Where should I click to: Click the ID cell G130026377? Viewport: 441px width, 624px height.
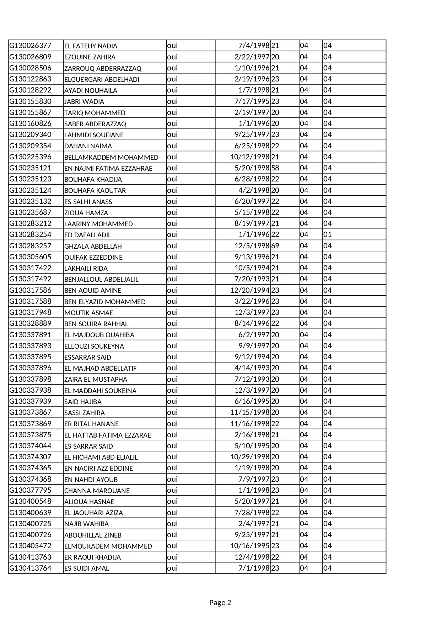click(x=30, y=46)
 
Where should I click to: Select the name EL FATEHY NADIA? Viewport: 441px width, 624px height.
click(x=91, y=46)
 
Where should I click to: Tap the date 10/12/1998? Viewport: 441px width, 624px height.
click(x=250, y=157)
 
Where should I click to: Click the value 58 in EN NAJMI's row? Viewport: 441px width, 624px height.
click(x=275, y=168)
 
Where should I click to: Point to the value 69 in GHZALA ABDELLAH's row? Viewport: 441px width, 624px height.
click(x=275, y=246)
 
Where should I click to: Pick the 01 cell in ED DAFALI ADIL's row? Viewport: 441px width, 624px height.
click(x=327, y=234)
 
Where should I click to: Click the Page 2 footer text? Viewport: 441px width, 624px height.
click(x=220, y=602)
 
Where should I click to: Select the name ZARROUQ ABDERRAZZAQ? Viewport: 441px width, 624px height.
click(x=103, y=68)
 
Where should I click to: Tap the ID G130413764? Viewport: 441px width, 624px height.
click(x=30, y=568)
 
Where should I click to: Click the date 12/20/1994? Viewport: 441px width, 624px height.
click(x=250, y=290)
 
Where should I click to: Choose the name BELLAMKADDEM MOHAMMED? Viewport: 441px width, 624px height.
click(x=111, y=157)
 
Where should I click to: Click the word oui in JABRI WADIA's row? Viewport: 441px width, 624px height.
click(x=172, y=101)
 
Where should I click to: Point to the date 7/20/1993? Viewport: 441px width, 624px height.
click(x=252, y=279)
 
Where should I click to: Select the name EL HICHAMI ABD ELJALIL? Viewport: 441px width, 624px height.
click(x=101, y=457)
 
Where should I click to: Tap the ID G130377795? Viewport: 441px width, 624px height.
click(x=30, y=490)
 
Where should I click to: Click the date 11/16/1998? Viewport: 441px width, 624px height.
click(x=250, y=424)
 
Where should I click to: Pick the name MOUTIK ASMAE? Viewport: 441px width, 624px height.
click(x=88, y=313)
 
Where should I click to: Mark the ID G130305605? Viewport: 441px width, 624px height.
click(x=30, y=257)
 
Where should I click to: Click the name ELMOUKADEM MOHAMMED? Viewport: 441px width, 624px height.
click(x=108, y=546)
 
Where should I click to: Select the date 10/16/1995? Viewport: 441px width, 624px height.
click(x=250, y=546)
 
